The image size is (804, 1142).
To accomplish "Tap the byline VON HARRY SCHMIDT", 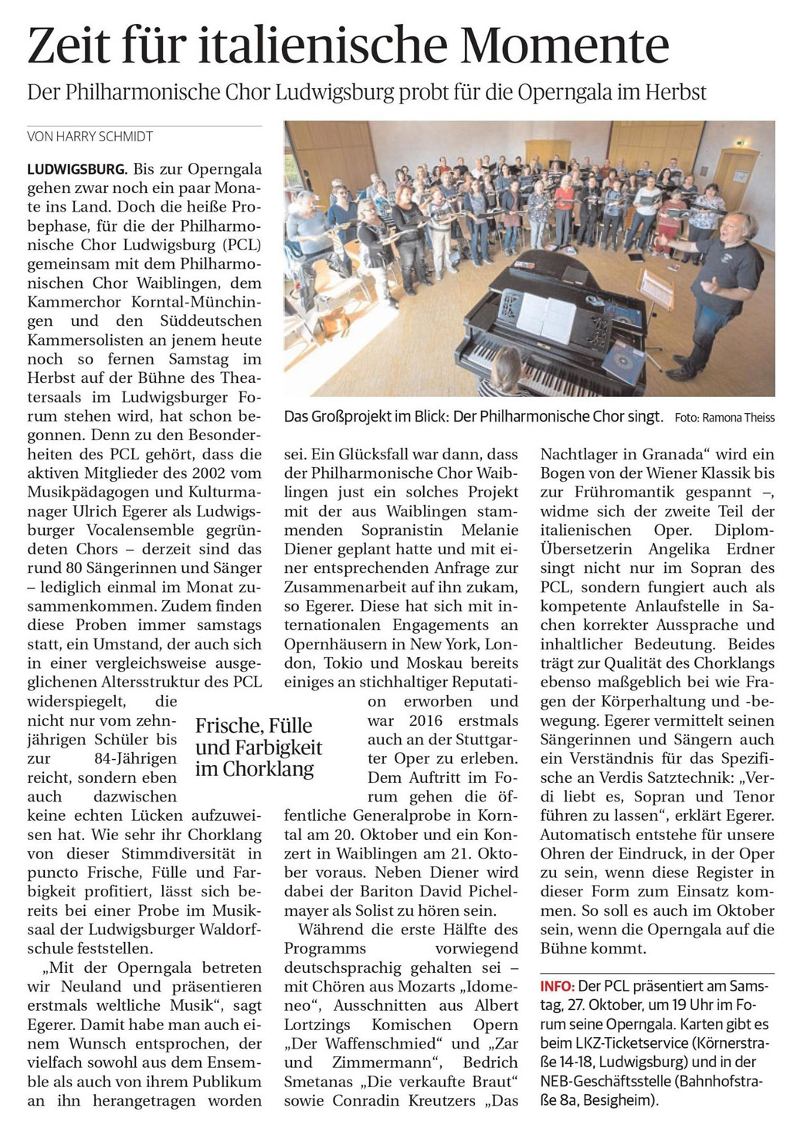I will click(x=90, y=137).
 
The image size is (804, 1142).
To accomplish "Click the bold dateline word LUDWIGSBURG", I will click(x=76, y=168).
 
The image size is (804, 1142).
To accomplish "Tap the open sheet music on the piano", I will click(x=545, y=317).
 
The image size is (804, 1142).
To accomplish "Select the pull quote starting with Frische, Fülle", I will click(x=258, y=747).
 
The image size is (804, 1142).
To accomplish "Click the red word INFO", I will click(x=557, y=987).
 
